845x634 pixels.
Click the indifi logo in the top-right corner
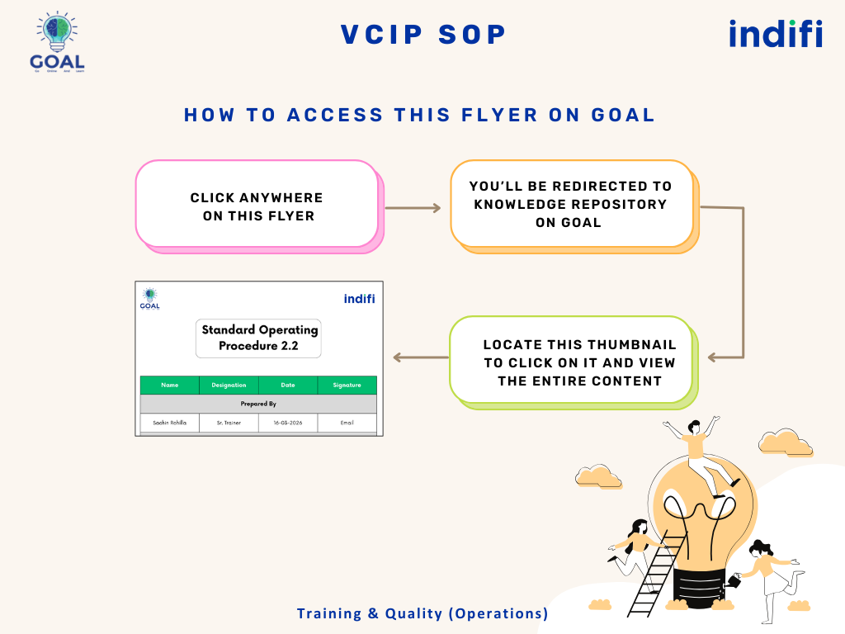tap(775, 34)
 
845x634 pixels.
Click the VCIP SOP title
tap(423, 35)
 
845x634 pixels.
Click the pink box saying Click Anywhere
tap(256, 204)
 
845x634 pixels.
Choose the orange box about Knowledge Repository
tap(571, 204)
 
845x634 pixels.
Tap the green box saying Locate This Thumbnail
tap(571, 362)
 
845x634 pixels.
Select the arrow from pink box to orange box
tap(413, 208)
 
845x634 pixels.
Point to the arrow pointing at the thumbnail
tap(420, 357)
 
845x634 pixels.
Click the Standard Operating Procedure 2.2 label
tap(259, 338)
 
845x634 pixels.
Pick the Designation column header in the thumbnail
tap(229, 385)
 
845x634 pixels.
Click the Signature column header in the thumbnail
tap(347, 385)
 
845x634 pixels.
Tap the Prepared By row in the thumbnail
tap(258, 404)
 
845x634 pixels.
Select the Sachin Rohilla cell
tap(170, 422)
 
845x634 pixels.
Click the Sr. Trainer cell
tap(229, 422)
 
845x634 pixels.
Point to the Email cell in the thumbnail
tap(347, 422)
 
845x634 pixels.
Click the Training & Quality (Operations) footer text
tap(422, 613)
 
